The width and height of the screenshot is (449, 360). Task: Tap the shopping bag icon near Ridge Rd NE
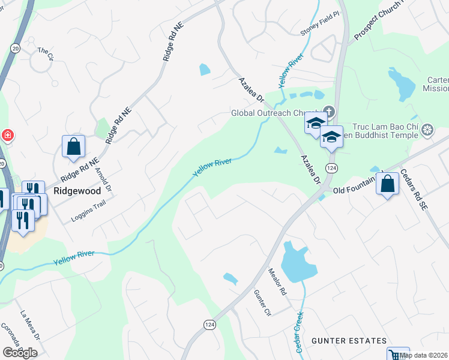click(73, 146)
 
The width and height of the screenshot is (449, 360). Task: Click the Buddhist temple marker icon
click(427, 130)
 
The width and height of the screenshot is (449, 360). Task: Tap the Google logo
click(20, 353)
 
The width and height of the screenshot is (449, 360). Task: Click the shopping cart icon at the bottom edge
click(397, 355)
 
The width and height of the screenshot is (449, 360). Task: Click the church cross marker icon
click(328, 112)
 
